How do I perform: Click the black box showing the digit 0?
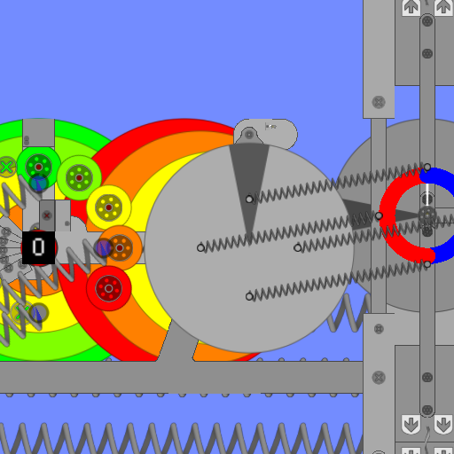(39, 247)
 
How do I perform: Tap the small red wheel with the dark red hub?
(109, 288)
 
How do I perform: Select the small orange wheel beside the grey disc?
(120, 247)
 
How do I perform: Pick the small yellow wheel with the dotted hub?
(109, 207)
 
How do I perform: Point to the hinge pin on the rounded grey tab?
(249, 135)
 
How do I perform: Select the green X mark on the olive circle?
(6, 168)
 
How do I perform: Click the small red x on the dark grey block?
(46, 215)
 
